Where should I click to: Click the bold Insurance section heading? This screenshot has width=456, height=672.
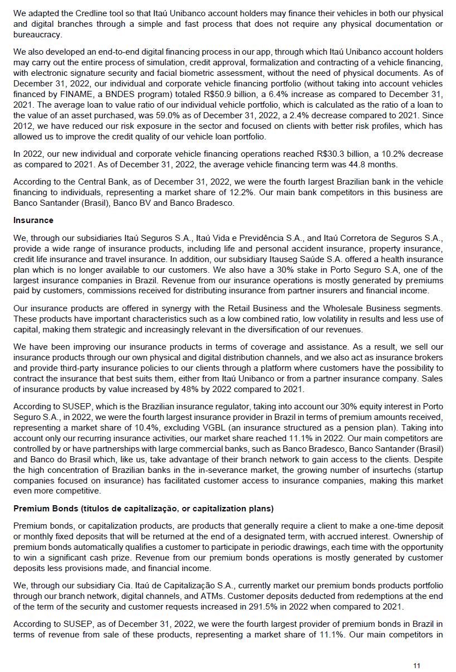(33, 220)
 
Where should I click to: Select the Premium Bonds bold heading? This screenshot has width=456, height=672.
(143, 509)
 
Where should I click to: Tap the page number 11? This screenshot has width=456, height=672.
(417, 666)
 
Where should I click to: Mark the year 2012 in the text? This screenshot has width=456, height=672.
(23, 126)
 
